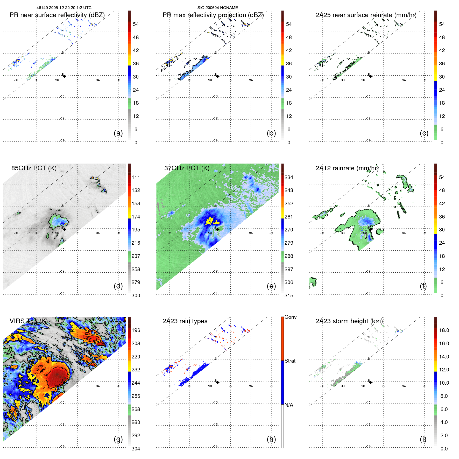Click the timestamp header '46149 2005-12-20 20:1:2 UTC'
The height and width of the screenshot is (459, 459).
[x=64, y=8]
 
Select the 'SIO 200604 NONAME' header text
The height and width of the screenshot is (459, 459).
[x=217, y=8]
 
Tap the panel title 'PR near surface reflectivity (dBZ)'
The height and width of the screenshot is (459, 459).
[x=57, y=15]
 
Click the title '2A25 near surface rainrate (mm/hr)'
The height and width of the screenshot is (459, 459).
[x=366, y=15]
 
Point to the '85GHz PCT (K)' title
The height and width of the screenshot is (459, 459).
[x=34, y=168]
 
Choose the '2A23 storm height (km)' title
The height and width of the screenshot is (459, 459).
[x=349, y=321]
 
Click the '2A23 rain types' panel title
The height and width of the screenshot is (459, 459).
[x=185, y=321]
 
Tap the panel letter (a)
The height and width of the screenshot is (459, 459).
[x=118, y=133]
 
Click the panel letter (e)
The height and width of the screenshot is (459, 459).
[x=271, y=286]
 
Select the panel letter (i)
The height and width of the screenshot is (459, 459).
[x=423, y=439]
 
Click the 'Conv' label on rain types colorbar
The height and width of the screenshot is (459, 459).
[x=290, y=317]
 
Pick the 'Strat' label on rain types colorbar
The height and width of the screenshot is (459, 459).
[x=290, y=361]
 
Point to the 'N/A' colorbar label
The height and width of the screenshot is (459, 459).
[x=289, y=405]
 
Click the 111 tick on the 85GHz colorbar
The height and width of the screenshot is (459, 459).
[x=136, y=178]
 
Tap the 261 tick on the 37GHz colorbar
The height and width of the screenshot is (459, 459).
[x=289, y=217]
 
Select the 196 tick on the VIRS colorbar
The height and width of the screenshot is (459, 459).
[x=136, y=330]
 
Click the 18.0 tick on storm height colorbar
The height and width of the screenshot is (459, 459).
[x=444, y=330]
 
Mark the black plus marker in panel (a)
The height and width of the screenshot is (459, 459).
[x=65, y=76]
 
